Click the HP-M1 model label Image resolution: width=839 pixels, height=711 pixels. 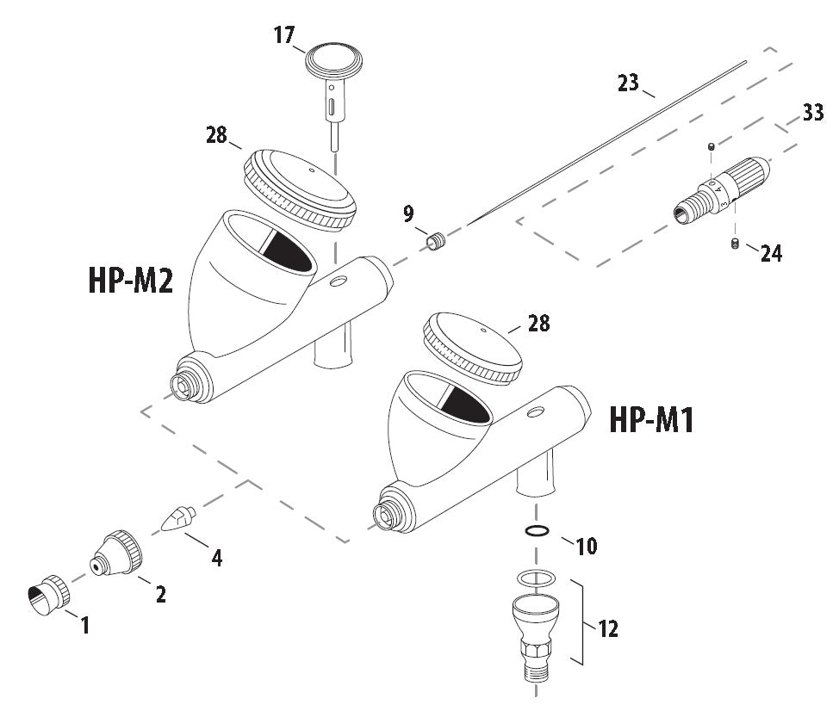pos(651,420)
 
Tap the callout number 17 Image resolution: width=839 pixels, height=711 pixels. pos(284,35)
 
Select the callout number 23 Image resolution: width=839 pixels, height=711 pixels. pos(628,83)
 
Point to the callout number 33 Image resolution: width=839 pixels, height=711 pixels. pos(812,113)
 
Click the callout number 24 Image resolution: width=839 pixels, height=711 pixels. pos(771,254)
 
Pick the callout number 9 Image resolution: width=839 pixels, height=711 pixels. pos(408,212)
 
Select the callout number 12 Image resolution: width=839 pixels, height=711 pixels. pos(608,628)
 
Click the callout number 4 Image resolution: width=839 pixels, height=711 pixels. pos(217,558)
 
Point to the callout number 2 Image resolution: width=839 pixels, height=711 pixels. pos(160,593)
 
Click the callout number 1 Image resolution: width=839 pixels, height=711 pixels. pos(85,625)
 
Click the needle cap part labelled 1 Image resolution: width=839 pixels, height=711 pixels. pos(49,596)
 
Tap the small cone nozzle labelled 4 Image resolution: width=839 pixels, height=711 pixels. pos(179,520)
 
